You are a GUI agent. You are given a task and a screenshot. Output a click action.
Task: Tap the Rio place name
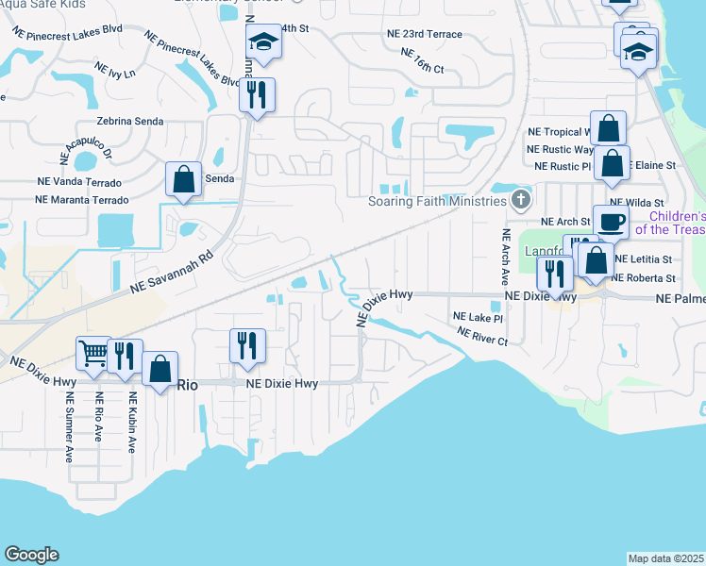pos(187,384)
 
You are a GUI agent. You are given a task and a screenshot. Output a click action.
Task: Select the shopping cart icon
pos(94,355)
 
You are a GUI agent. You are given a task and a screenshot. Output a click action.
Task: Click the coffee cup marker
pos(611,222)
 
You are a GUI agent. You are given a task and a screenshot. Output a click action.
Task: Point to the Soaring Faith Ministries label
pos(437,201)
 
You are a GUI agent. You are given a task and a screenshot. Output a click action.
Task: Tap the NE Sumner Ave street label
pos(70,426)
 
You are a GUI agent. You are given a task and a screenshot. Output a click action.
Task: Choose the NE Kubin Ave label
pos(133,424)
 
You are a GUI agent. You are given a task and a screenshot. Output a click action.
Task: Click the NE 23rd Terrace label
pos(425,34)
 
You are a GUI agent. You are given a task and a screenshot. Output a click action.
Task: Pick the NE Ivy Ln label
pos(115,70)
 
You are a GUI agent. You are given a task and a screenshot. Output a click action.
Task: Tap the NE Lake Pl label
pos(479,317)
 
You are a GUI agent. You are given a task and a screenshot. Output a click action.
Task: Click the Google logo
pos(31,555)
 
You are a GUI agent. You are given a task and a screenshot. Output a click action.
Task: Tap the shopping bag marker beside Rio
pos(160,368)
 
